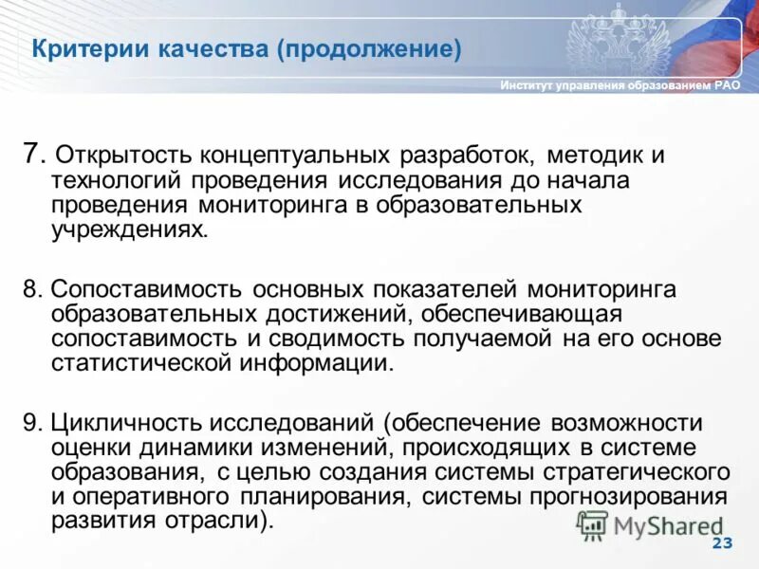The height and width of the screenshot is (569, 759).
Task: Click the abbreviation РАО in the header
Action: [727, 86]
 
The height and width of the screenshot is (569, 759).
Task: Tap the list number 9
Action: [31, 422]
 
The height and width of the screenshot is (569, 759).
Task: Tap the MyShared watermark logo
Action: [650, 525]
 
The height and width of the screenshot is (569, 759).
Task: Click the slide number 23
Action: [722, 542]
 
